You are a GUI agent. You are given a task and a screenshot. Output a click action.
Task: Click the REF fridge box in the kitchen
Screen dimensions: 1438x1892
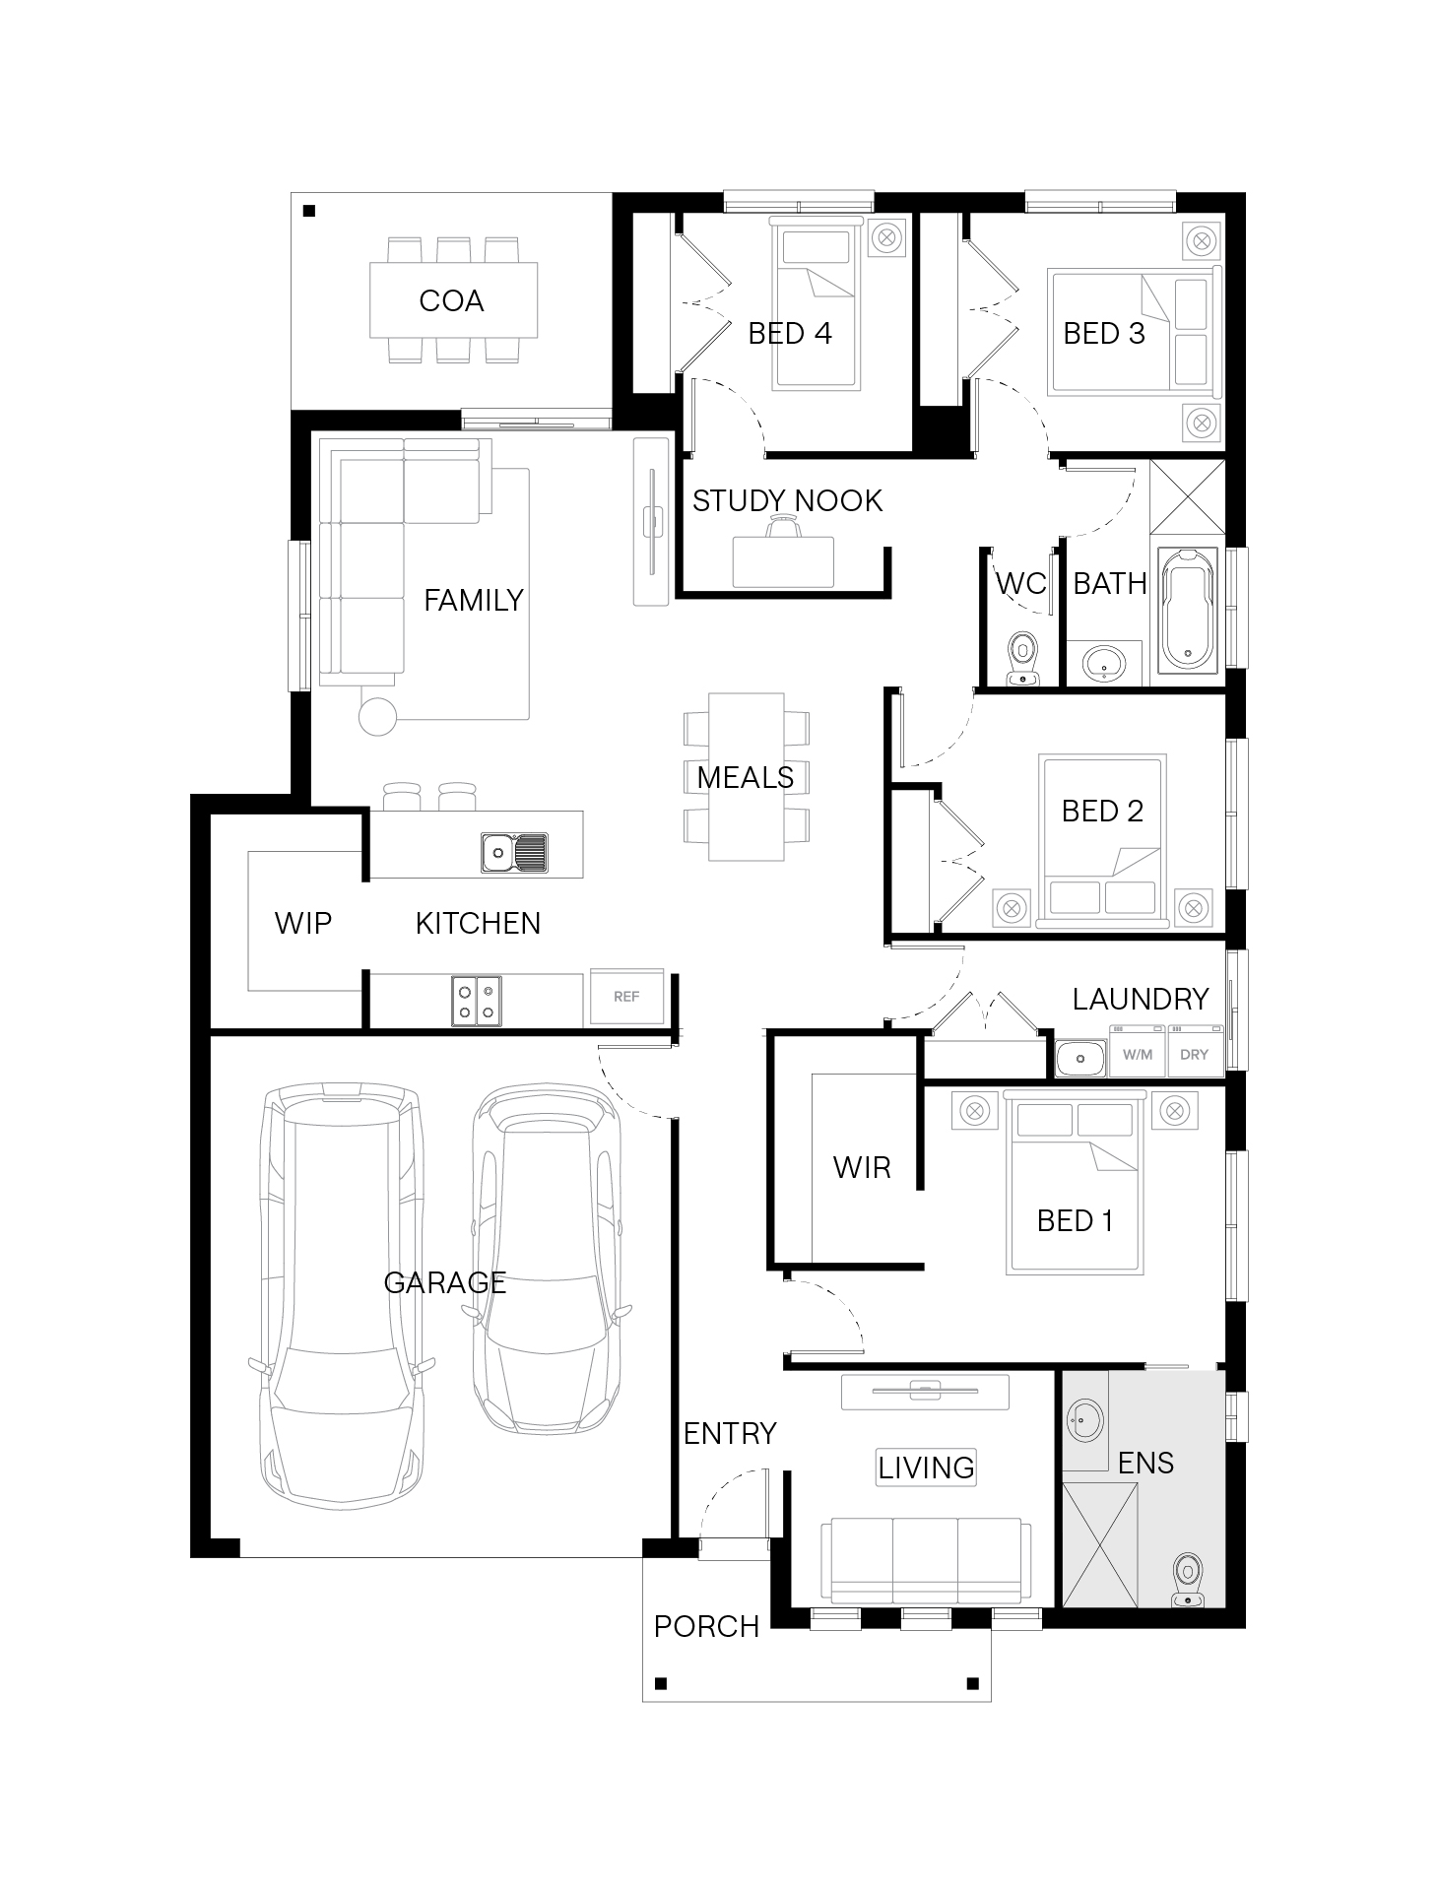pos(626,997)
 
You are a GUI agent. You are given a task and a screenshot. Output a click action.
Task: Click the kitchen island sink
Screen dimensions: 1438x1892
pos(514,852)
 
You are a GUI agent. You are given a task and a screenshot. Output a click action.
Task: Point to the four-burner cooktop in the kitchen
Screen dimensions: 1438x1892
pos(477,1000)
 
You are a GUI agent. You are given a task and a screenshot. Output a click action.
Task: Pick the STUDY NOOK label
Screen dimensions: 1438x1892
pos(787,501)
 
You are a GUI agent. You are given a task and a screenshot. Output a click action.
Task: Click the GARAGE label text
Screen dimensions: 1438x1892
pos(445,1282)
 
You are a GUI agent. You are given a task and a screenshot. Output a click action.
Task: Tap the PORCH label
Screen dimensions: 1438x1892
pos(706,1626)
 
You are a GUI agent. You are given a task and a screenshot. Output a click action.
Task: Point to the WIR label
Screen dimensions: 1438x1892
pos(862,1167)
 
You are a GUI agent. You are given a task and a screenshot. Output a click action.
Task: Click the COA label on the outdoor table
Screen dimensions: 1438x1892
pos(451,300)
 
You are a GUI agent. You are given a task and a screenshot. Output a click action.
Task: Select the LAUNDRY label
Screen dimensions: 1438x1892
pos(1141,999)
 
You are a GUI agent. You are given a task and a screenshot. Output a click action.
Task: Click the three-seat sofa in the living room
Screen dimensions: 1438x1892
pos(926,1561)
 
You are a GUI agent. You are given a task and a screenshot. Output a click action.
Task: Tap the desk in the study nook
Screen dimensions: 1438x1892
pos(784,561)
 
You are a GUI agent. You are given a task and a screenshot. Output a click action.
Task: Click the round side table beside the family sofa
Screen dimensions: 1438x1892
pos(378,716)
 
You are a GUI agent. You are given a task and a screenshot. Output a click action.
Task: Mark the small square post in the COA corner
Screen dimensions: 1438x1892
pos(308,210)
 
